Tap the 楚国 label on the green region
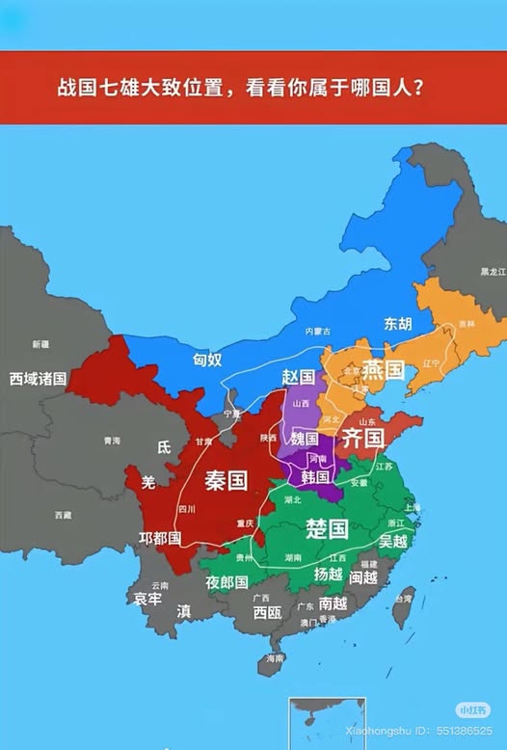[326, 528]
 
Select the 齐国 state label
[363, 439]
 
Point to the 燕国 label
[382, 370]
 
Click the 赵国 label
[299, 376]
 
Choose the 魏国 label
[305, 439]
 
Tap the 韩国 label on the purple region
[315, 476]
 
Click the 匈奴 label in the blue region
[207, 360]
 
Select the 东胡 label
[398, 323]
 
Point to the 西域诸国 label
[38, 378]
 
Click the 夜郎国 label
[227, 582]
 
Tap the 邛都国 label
[160, 538]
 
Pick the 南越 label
[333, 603]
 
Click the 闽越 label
[363, 577]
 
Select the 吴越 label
[393, 541]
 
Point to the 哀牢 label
[147, 599]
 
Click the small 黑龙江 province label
[493, 273]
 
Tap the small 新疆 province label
[40, 344]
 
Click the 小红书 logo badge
[473, 710]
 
